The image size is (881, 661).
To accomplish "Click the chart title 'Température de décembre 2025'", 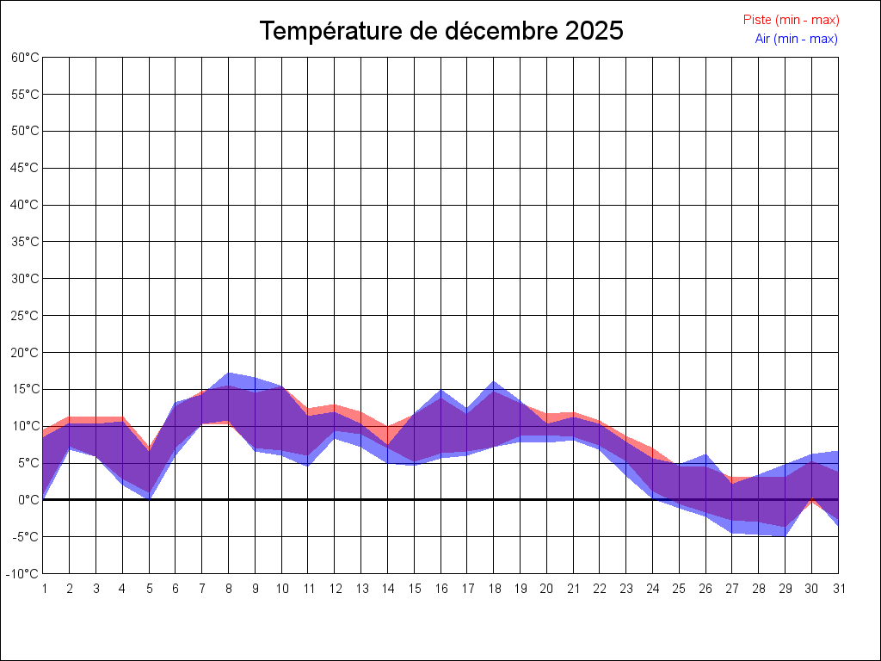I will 441,31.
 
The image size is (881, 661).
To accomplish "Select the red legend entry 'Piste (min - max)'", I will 791,20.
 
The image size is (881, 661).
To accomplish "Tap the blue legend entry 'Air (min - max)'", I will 796,39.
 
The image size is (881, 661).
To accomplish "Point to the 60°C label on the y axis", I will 25,58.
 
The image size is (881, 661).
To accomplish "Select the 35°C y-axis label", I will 25,242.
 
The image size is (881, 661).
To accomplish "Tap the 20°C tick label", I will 25,352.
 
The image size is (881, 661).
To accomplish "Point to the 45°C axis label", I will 25,168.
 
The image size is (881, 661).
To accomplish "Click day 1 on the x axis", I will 43,589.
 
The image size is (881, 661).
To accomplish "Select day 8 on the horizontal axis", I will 229,589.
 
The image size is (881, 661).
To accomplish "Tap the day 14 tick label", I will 388,589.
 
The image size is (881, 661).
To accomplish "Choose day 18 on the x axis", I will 494,589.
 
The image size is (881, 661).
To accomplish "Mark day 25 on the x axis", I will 680,589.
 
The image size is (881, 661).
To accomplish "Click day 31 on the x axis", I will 838,589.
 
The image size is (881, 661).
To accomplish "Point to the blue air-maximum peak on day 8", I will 229,373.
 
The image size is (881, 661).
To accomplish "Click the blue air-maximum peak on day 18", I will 494,381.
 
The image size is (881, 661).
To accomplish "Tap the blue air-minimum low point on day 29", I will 785,536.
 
